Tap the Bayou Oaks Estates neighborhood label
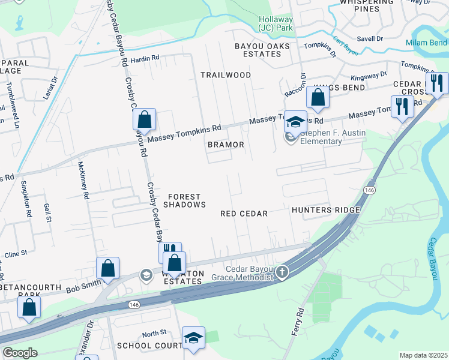[x=262, y=50]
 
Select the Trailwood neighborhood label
[x=226, y=75]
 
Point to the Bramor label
[x=226, y=145]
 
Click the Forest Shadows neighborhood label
[x=187, y=200]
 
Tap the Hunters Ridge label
[x=325, y=210]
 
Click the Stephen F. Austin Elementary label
[x=321, y=137]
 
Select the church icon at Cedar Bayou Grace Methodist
[x=282, y=274]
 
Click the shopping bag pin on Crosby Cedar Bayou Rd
[x=145, y=119]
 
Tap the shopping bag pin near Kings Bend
[x=318, y=97]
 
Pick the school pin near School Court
[x=193, y=338]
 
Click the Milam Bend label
[x=426, y=43]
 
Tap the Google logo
[x=20, y=353]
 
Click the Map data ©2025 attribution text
[x=423, y=355]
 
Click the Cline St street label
[x=16, y=254]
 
